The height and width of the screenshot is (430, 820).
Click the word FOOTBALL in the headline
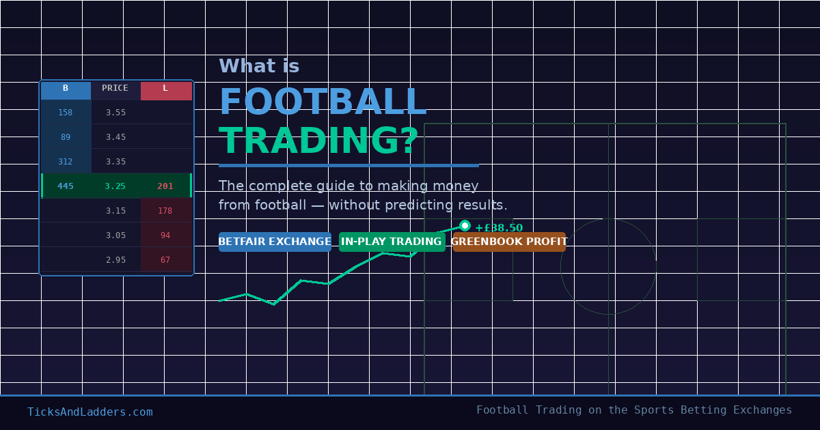[x=323, y=102]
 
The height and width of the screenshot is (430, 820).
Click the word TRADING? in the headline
[x=318, y=141]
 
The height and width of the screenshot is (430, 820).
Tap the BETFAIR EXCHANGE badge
[x=275, y=242]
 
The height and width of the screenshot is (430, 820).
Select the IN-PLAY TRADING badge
[x=392, y=242]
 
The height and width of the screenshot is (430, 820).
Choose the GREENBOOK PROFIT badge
[x=509, y=242]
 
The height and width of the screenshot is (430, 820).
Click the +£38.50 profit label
[x=499, y=228]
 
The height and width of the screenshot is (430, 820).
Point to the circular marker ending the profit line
[x=465, y=226]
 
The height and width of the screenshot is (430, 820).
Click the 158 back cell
[x=66, y=113]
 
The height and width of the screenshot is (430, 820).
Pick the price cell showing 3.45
[x=115, y=137]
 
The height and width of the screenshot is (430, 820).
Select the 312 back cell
[x=66, y=162]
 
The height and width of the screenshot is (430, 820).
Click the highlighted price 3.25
[x=115, y=186]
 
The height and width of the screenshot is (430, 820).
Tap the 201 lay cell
[x=165, y=186]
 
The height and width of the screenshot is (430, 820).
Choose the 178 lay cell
[x=165, y=211]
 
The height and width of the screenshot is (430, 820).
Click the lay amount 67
[x=165, y=260]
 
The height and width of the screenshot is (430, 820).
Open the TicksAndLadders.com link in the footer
[x=90, y=412]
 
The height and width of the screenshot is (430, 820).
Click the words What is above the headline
[x=259, y=66]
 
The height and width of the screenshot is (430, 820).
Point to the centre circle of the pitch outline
[x=608, y=267]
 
